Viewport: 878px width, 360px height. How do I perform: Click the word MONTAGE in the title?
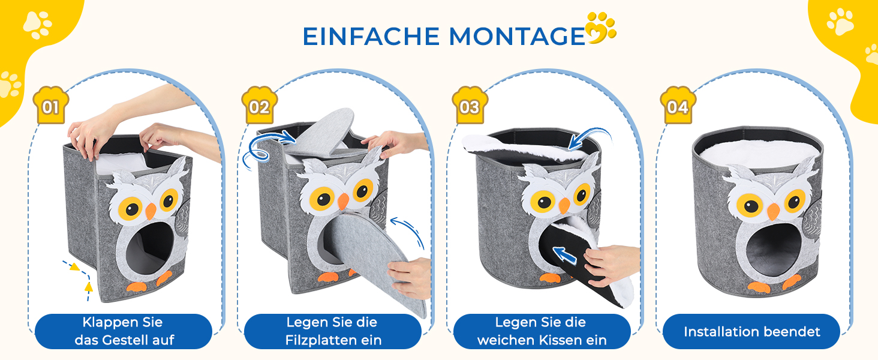click(x=517, y=37)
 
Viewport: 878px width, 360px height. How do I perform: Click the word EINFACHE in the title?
click(x=371, y=37)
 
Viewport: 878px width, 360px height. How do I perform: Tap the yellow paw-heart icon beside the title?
click(x=600, y=28)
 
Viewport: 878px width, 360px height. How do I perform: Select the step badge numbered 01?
click(x=50, y=105)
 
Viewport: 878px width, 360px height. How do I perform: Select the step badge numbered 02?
click(x=259, y=105)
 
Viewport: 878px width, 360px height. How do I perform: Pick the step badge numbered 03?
click(x=470, y=105)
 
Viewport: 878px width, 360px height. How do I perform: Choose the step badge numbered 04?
click(x=678, y=105)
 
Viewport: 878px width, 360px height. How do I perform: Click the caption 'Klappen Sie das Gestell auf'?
click(x=124, y=331)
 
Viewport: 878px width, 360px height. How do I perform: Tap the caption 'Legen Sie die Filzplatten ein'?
click(x=333, y=331)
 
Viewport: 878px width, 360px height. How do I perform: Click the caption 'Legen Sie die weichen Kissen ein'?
click(x=542, y=331)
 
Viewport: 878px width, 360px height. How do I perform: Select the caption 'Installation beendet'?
click(x=752, y=332)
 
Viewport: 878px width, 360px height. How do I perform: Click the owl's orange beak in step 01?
click(x=151, y=211)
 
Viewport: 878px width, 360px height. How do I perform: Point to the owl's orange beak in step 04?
click(x=773, y=212)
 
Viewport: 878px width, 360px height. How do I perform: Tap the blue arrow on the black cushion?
click(x=564, y=254)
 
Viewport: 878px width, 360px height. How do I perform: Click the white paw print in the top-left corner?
click(x=37, y=25)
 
